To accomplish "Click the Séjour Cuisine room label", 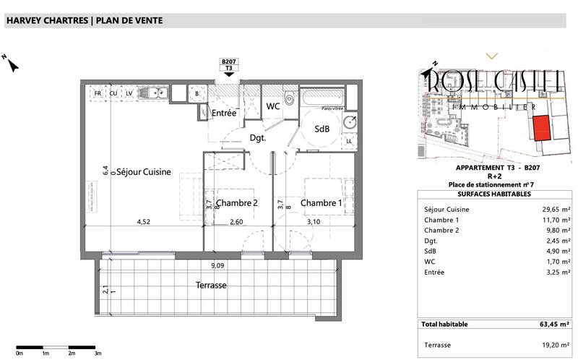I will pyautogui.click(x=144, y=172).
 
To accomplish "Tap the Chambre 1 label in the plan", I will pyautogui.click(x=322, y=202).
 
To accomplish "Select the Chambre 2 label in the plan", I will pyautogui.click(x=237, y=202).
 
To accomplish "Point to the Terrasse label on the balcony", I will pyautogui.click(x=210, y=286).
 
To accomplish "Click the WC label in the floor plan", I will pyautogui.click(x=273, y=106).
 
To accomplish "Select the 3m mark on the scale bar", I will pyautogui.click(x=98, y=353).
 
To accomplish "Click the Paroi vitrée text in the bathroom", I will pyautogui.click(x=332, y=108).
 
